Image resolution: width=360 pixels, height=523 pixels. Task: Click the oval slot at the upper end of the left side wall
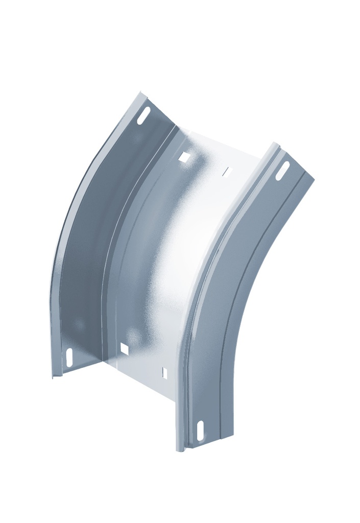[x=146, y=114]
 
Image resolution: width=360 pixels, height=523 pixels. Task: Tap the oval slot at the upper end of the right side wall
[x=283, y=171]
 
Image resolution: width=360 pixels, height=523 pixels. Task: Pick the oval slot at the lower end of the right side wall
[x=201, y=430]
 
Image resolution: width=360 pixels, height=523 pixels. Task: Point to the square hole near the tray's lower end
[x=124, y=349]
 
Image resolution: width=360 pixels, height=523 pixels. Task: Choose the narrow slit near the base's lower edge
[x=164, y=373]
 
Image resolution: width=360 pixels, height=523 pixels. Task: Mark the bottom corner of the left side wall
[x=53, y=377]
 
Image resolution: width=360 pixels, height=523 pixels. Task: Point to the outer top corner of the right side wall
[x=314, y=179]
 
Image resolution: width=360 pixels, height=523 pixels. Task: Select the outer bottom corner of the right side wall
[x=234, y=437]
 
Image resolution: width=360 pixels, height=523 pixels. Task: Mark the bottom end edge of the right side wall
[x=209, y=443]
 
